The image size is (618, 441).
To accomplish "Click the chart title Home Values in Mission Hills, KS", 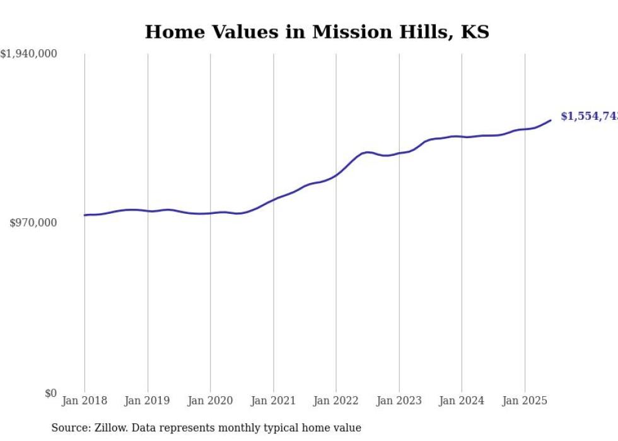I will pyautogui.click(x=317, y=32).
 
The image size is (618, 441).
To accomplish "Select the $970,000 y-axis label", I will pyautogui.click(x=33, y=223).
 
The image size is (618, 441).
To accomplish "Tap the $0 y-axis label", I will pyautogui.click(x=50, y=393).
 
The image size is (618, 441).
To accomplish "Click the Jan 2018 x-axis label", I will pyautogui.click(x=85, y=401).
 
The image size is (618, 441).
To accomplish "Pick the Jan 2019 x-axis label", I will pyautogui.click(x=148, y=401).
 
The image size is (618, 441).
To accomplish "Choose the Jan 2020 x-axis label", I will pyautogui.click(x=211, y=401).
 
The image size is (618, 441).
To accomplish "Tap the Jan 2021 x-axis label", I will pyautogui.click(x=273, y=401).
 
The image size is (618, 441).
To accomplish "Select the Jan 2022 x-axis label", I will pyautogui.click(x=336, y=401).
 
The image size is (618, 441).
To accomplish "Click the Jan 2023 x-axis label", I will pyautogui.click(x=399, y=401).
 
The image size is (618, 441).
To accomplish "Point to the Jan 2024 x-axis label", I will pyautogui.click(x=462, y=401).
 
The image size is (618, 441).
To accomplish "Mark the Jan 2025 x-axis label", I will pyautogui.click(x=525, y=401).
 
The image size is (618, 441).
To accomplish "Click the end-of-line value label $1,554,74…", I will pyautogui.click(x=589, y=117).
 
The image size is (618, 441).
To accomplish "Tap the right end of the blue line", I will pyautogui.click(x=551, y=120).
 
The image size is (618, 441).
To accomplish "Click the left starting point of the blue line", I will pyautogui.click(x=85, y=215).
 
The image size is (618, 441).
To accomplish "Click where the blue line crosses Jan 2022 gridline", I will pyautogui.click(x=336, y=175).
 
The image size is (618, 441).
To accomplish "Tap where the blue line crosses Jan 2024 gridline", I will pyautogui.click(x=462, y=136).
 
